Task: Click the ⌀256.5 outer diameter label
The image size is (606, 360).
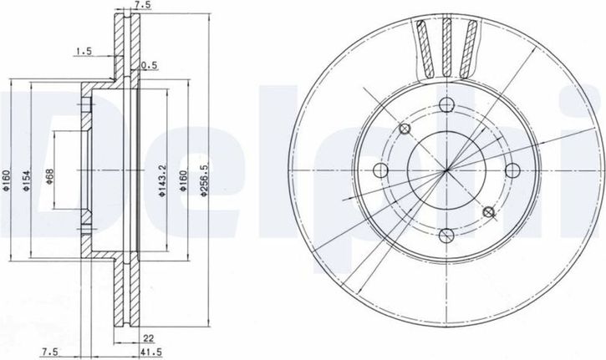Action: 205,180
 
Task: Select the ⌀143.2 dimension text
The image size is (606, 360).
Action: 162,180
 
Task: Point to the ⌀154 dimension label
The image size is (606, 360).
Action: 26,180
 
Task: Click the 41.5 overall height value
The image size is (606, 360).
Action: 151,352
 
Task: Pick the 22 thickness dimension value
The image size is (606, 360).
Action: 149,338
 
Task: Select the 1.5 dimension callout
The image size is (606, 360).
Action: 84,51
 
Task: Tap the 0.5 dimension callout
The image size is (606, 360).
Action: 149,65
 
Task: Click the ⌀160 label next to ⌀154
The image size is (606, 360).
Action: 5,180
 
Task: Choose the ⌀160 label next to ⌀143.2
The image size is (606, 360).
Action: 183,180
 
